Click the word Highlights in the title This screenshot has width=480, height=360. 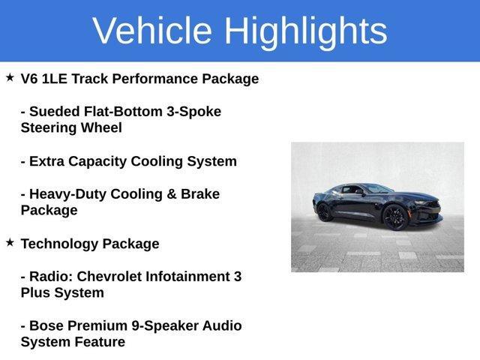[x=305, y=31]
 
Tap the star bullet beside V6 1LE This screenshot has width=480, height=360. [x=10, y=77]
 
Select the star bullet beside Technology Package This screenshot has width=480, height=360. [x=10, y=242]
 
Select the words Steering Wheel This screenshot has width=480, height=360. [x=71, y=127]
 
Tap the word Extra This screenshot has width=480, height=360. [x=46, y=161]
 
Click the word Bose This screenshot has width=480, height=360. [x=48, y=326]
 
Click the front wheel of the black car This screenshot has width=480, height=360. [x=394, y=217]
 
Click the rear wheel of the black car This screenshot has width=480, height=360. [x=325, y=212]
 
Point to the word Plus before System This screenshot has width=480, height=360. [x=35, y=293]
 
